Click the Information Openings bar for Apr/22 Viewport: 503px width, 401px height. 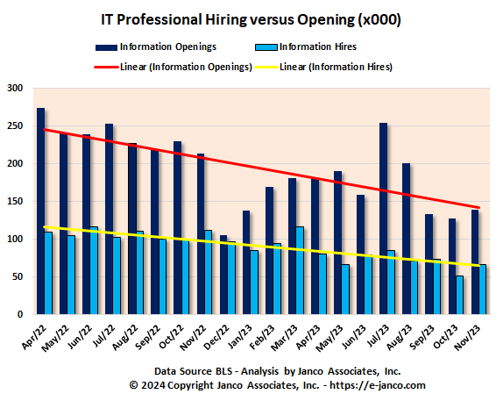(40, 211)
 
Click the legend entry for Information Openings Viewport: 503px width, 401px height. (167, 47)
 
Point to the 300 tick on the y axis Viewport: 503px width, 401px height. (16, 88)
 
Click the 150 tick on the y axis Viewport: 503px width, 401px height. (16, 201)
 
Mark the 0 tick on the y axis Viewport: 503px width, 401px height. (22, 314)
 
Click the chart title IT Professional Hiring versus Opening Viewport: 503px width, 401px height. (251, 18)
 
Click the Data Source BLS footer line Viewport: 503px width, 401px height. (251, 371)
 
